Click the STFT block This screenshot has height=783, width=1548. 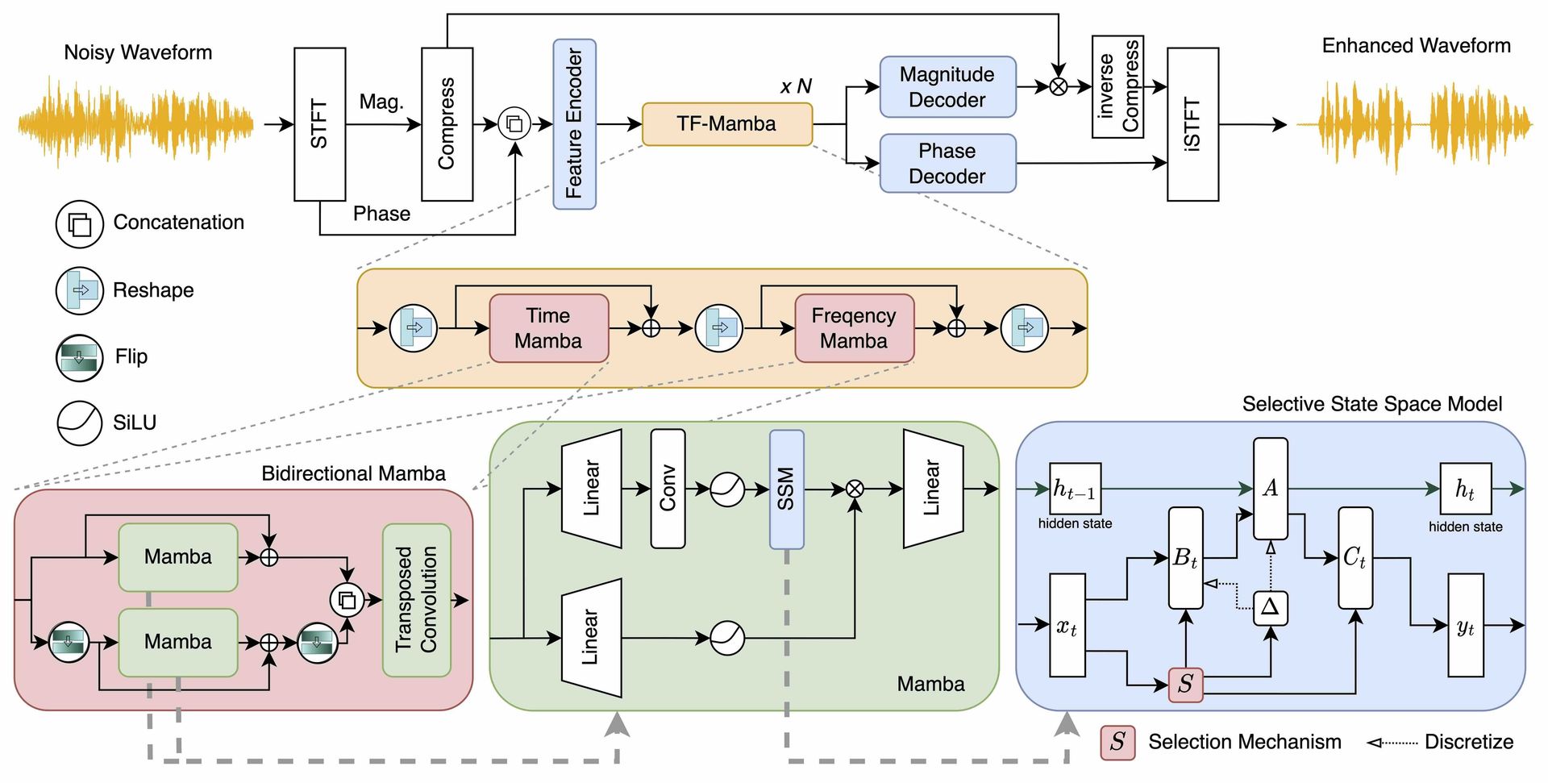(319, 124)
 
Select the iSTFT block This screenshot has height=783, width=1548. (1192, 124)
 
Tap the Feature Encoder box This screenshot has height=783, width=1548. (574, 124)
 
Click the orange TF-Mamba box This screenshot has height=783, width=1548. (726, 123)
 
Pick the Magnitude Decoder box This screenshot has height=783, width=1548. (947, 87)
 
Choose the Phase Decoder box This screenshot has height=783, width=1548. (947, 164)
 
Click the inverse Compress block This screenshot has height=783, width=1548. (1117, 86)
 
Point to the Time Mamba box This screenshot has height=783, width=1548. (548, 328)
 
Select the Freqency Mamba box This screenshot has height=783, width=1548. (854, 328)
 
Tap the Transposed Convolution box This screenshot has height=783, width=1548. (416, 600)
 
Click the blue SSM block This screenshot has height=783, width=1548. (786, 489)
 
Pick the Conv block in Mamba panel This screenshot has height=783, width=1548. (668, 489)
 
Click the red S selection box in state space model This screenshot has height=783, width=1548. (1185, 685)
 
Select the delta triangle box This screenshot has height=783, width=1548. (1270, 608)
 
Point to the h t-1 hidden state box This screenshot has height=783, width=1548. (1075, 489)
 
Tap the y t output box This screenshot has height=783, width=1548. (1466, 626)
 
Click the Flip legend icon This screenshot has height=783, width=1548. (79, 357)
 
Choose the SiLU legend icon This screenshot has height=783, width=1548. (79, 423)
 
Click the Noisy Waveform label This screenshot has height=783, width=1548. (138, 52)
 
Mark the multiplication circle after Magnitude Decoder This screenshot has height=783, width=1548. (1059, 86)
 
